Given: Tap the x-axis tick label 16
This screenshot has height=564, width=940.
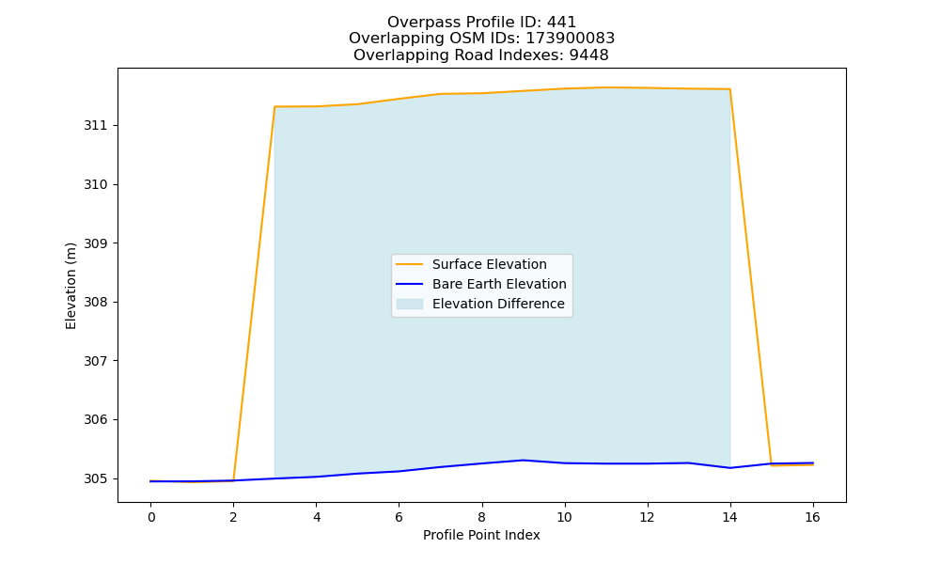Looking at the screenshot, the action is pyautogui.click(x=812, y=517).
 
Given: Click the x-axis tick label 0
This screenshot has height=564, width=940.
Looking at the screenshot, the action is pyautogui.click(x=151, y=517).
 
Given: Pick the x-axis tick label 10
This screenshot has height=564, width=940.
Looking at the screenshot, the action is pyautogui.click(x=564, y=517).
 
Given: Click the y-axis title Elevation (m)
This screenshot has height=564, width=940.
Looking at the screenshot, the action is pyautogui.click(x=70, y=286).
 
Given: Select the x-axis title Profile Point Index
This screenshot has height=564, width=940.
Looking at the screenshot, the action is pyautogui.click(x=481, y=535).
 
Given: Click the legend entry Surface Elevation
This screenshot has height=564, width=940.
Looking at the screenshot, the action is pyautogui.click(x=489, y=264).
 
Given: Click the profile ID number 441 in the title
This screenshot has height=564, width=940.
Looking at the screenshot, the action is pyautogui.click(x=561, y=23).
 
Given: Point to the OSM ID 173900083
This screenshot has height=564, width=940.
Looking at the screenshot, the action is pyautogui.click(x=571, y=39).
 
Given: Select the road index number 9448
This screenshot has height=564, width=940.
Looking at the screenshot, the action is pyautogui.click(x=588, y=55).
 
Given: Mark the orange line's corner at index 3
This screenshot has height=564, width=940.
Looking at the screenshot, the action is pyautogui.click(x=274, y=106).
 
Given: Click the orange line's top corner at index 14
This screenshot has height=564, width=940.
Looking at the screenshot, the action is pyautogui.click(x=729, y=89).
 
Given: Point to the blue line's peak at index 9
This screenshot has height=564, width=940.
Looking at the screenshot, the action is pyautogui.click(x=523, y=461).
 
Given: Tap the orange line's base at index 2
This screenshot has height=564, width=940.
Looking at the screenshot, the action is pyautogui.click(x=233, y=480).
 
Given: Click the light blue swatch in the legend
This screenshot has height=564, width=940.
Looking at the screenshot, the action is pyautogui.click(x=410, y=304).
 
